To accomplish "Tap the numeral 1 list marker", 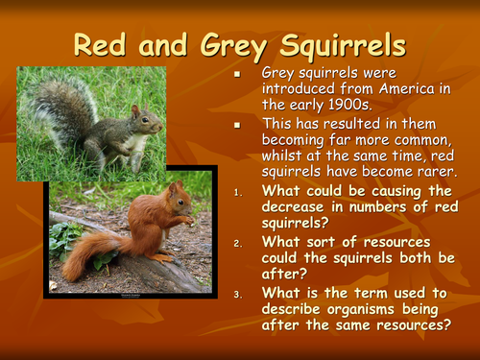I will pyautogui.click(x=240, y=191).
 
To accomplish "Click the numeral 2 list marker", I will pyautogui.click(x=240, y=243).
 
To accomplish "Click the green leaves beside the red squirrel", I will pyautogui.click(x=69, y=237).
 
